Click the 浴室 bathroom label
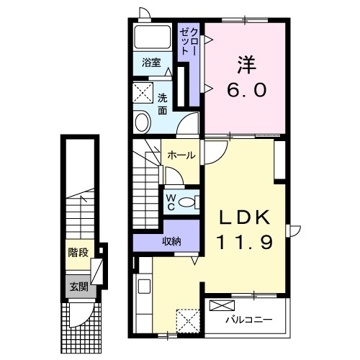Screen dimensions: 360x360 pyautogui.click(x=151, y=63)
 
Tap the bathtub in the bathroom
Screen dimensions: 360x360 pyautogui.click(x=153, y=37)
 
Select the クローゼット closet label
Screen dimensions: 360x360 pyautogui.click(x=189, y=42)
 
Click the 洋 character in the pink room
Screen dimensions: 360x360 pyautogui.click(x=247, y=65)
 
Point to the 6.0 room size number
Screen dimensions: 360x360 pyautogui.click(x=247, y=89)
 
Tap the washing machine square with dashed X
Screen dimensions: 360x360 pyautogui.click(x=143, y=93)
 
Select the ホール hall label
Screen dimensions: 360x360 pyautogui.click(x=181, y=156)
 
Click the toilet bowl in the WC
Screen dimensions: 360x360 pyautogui.click(x=186, y=202)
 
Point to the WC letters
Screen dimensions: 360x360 pyautogui.click(x=171, y=202)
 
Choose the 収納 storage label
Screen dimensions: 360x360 pyautogui.click(x=171, y=241)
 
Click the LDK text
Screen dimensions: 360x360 pyautogui.click(x=245, y=217)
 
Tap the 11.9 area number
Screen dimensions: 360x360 pyautogui.click(x=245, y=241)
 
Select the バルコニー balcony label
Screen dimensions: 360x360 pyautogui.click(x=249, y=320)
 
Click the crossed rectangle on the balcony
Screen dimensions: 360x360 pyautogui.click(x=222, y=305)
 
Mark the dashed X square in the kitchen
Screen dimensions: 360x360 pyautogui.click(x=188, y=321)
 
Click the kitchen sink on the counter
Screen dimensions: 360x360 pyautogui.click(x=144, y=287)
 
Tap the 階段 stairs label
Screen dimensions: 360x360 pyautogui.click(x=78, y=252)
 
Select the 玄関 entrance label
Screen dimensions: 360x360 pyautogui.click(x=78, y=287)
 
